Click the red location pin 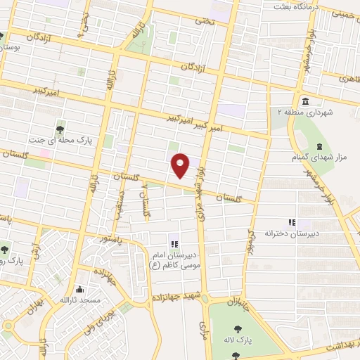[x=181, y=165]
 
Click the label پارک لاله [x=240, y=337]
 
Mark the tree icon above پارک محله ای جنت [x=60, y=129]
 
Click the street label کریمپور [x=249, y=239]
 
